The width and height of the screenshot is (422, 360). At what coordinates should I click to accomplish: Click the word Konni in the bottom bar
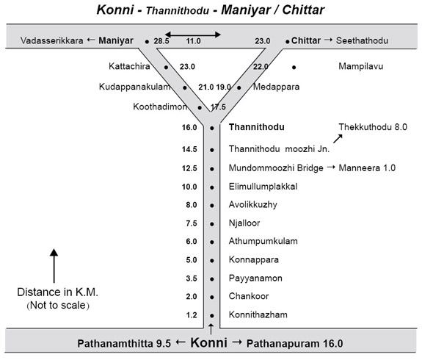[208, 343]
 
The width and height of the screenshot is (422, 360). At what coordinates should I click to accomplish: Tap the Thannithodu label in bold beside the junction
[256, 127]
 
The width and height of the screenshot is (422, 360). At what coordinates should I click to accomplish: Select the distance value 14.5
[189, 149]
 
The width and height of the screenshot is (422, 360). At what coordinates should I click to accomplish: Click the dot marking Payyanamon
[212, 279]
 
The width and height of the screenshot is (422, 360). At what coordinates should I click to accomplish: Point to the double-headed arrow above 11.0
[193, 35]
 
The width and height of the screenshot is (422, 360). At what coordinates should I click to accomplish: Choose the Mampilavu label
[360, 66]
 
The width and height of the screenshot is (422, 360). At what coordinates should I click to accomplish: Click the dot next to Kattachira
[167, 67]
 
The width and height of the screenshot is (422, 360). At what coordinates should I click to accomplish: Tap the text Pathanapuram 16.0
[295, 344]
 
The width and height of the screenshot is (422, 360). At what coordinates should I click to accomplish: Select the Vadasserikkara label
[51, 40]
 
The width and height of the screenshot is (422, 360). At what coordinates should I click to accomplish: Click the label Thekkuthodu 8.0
[373, 127]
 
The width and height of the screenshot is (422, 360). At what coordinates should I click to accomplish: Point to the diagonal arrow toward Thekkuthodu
[338, 139]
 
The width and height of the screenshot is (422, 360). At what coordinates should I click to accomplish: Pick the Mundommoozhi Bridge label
[276, 168]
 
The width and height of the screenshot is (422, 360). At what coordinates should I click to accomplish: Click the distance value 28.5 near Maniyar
[161, 41]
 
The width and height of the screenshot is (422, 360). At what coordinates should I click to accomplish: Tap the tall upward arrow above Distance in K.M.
[54, 266]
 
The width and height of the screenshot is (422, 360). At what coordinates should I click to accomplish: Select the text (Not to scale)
[58, 306]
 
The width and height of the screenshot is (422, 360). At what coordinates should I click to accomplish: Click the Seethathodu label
[362, 40]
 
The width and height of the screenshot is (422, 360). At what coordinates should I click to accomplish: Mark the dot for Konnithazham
[212, 315]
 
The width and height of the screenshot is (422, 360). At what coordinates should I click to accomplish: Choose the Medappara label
[276, 87]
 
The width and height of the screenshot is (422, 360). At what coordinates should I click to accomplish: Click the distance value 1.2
[192, 315]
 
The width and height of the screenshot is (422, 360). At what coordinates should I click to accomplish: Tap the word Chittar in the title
[303, 10]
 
